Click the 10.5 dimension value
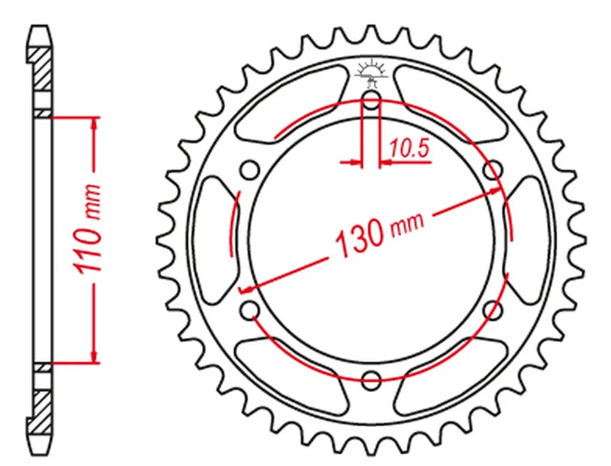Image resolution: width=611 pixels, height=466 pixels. pyautogui.click(x=409, y=148)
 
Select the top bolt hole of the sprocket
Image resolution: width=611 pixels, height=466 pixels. pyautogui.click(x=371, y=98)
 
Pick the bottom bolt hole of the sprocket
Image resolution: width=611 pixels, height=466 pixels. pyautogui.click(x=371, y=379)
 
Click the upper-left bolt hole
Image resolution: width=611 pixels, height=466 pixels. pyautogui.click(x=250, y=170)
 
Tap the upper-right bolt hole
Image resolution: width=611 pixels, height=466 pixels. pyautogui.click(x=493, y=170)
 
